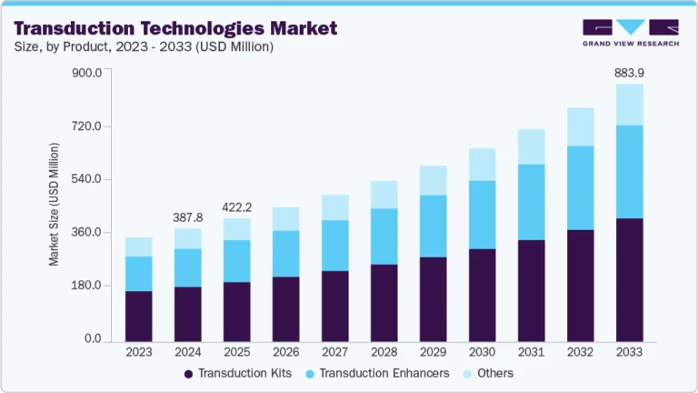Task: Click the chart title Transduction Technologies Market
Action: (x=173, y=28)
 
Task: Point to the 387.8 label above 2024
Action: (x=188, y=217)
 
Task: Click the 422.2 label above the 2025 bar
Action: (x=237, y=207)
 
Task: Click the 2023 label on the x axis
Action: (x=139, y=352)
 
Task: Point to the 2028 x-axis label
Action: (x=384, y=352)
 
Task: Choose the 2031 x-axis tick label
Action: (x=531, y=352)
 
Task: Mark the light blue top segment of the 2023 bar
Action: (x=139, y=247)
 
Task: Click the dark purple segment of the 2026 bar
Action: (x=286, y=308)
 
